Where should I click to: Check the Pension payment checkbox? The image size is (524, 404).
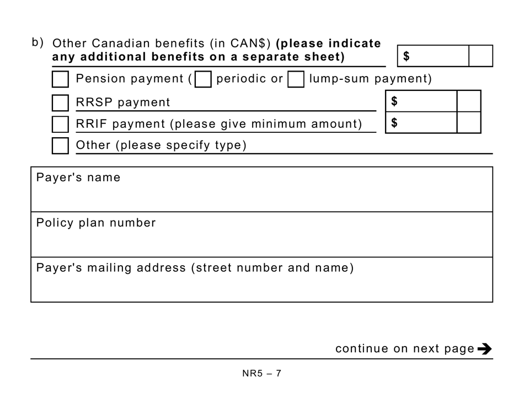pyautogui.click(x=60, y=79)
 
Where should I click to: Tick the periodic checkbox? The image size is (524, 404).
pyautogui.click(x=204, y=80)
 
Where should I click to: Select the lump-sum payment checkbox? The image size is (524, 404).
pyautogui.click(x=296, y=80)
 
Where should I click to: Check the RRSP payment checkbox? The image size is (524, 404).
pyautogui.click(x=60, y=103)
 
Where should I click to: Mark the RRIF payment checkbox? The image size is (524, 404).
pyautogui.click(x=60, y=125)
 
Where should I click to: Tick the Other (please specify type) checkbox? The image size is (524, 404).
pyautogui.click(x=60, y=146)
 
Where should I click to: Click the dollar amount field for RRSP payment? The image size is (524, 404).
pyautogui.click(x=421, y=101)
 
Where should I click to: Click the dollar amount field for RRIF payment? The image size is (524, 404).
pyautogui.click(x=421, y=123)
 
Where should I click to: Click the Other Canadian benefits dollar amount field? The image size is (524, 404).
pyautogui.click(x=433, y=56)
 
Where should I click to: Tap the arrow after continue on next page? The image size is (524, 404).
pyautogui.click(x=484, y=349)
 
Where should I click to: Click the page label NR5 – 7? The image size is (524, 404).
pyautogui.click(x=262, y=373)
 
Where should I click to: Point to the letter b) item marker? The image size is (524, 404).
pyautogui.click(x=38, y=42)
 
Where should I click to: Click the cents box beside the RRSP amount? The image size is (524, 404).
pyautogui.click(x=469, y=101)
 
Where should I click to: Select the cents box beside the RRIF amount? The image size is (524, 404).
pyautogui.click(x=469, y=123)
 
